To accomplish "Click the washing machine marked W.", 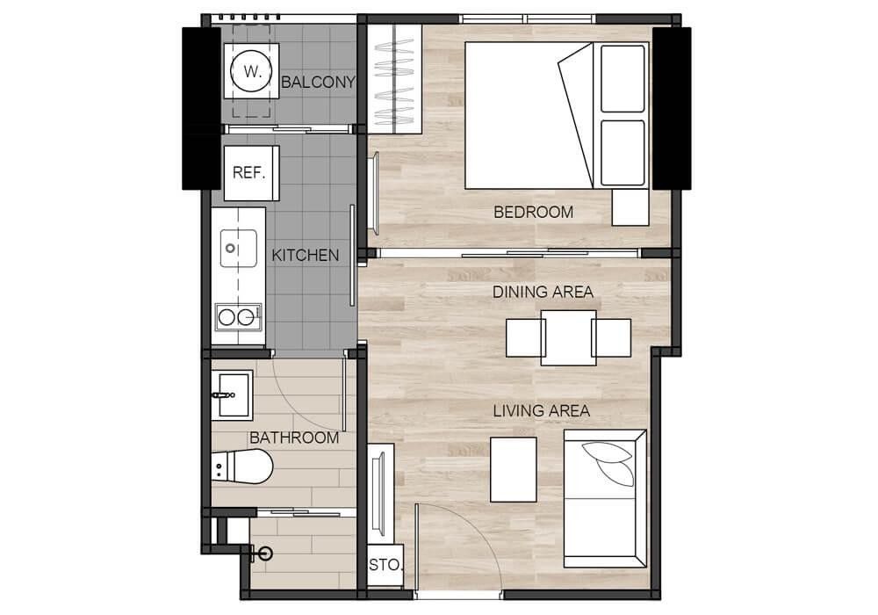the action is [x=251, y=70].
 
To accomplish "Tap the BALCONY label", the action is [x=318, y=83].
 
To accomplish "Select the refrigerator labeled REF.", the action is [x=251, y=173].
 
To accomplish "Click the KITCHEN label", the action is [x=306, y=256].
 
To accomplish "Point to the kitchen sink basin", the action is [x=239, y=248].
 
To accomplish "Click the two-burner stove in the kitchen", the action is [x=239, y=317].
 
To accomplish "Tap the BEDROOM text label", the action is [x=533, y=213].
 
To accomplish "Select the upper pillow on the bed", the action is [x=623, y=79].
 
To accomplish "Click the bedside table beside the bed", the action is [x=630, y=207].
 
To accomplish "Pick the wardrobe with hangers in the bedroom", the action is [x=398, y=79].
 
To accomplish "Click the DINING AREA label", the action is [x=543, y=292].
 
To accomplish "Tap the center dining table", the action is [x=568, y=337].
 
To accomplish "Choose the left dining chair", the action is [x=525, y=337].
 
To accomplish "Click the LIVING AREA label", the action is [x=542, y=411].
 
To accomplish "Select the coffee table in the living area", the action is [x=514, y=469].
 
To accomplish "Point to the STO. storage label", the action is [x=385, y=565].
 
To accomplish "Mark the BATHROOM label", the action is [x=294, y=438].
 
